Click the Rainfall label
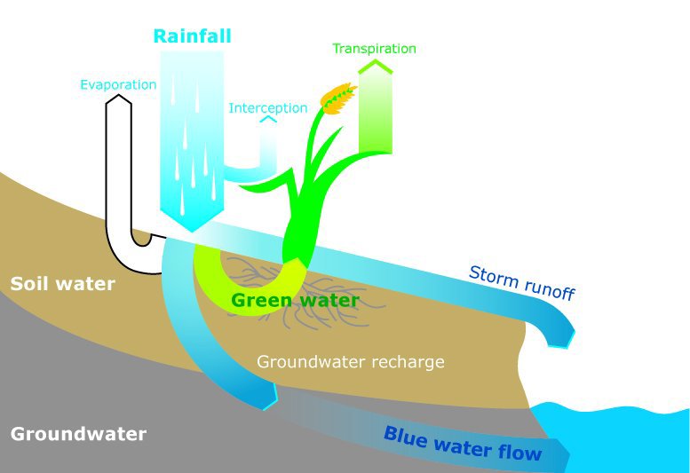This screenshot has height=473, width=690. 192,36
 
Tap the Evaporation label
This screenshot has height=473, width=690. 118,85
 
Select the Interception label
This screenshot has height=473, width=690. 268,108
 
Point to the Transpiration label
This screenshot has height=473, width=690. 374,48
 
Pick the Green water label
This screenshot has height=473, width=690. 295,301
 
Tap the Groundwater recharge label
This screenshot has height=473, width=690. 350,362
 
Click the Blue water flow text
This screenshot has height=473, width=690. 463,443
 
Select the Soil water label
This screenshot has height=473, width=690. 62,284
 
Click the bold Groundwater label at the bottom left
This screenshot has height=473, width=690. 78,435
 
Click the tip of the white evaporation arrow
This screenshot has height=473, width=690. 118,99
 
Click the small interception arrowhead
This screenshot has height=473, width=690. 267,120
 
